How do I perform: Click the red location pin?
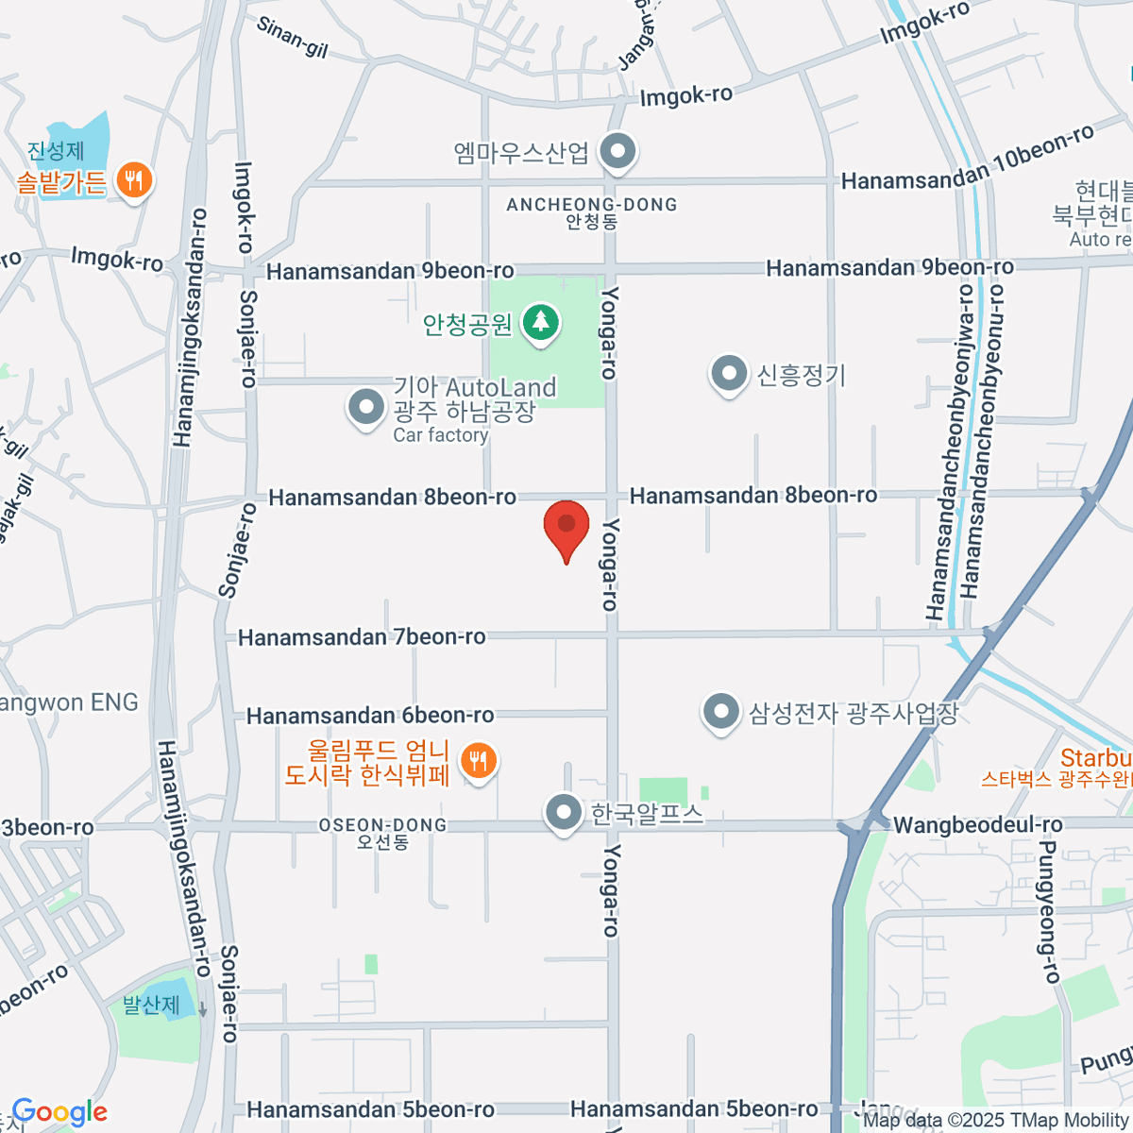[566, 525]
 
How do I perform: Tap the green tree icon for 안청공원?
[541, 323]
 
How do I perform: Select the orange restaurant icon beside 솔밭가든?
[134, 179]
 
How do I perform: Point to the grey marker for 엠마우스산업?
[618, 151]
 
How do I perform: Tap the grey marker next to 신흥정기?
[729, 374]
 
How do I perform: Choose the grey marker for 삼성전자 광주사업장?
[721, 712]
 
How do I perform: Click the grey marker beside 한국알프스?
[564, 812]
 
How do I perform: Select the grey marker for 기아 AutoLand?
[365, 408]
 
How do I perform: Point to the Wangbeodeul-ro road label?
[977, 825]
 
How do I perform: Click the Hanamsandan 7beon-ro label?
[362, 637]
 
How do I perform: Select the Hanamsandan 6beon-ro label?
[370, 716]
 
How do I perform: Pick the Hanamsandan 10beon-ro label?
[968, 159]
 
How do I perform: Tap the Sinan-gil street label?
[292, 36]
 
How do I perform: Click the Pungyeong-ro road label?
[1047, 911]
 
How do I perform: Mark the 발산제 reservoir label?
[151, 1005]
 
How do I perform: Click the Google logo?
[59, 1112]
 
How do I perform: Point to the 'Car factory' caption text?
[440, 435]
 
